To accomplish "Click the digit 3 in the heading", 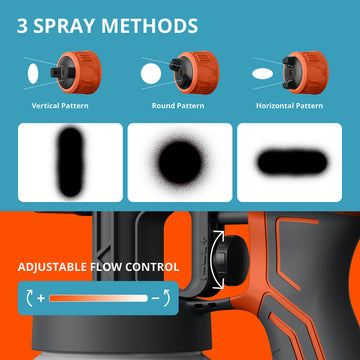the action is click(22, 26).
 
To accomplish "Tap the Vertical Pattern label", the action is click(60, 106).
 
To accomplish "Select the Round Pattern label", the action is click(178, 106).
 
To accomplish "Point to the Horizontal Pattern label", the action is click(289, 106).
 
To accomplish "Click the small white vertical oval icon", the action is click(33, 74).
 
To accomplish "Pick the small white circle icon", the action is click(151, 74).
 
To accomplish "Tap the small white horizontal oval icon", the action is click(263, 74).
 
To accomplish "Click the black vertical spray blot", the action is click(70, 162).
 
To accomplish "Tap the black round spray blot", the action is click(180, 162).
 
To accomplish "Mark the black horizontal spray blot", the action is click(292, 162).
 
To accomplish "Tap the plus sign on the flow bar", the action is click(41, 298).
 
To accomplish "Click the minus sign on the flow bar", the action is click(155, 298).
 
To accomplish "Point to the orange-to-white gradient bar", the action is click(98, 298).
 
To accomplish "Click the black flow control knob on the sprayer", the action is click(230, 260).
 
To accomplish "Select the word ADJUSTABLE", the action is click(53, 267).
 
